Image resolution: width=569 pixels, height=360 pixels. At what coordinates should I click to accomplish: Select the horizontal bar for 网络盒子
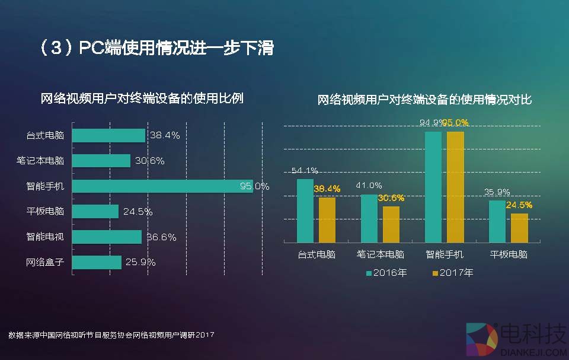coord(97,262)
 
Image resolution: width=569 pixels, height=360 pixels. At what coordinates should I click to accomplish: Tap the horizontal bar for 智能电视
coord(107,237)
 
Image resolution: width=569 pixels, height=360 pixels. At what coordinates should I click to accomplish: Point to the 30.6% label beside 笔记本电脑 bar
coord(149,161)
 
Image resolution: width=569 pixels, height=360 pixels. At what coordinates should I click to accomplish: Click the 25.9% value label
coord(140,262)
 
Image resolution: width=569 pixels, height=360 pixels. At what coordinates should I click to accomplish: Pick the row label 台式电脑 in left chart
coord(44,136)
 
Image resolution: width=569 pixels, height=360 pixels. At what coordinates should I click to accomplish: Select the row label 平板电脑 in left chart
coord(44,212)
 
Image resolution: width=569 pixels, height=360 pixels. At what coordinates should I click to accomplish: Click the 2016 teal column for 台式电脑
coord(305,211)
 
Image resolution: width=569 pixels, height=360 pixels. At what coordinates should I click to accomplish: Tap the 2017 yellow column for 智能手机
coord(455,187)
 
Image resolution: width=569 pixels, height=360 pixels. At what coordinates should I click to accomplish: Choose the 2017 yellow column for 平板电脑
coord(519,228)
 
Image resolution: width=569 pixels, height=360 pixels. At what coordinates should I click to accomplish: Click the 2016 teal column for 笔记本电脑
coord(369,218)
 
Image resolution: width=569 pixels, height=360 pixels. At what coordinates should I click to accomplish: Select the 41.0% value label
coord(369,186)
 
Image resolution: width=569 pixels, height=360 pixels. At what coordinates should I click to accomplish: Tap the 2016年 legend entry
coord(388,273)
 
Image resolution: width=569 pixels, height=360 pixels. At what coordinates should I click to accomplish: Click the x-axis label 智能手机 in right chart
coord(445,255)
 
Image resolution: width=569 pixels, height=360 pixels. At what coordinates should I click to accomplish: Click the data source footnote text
coord(111,335)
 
